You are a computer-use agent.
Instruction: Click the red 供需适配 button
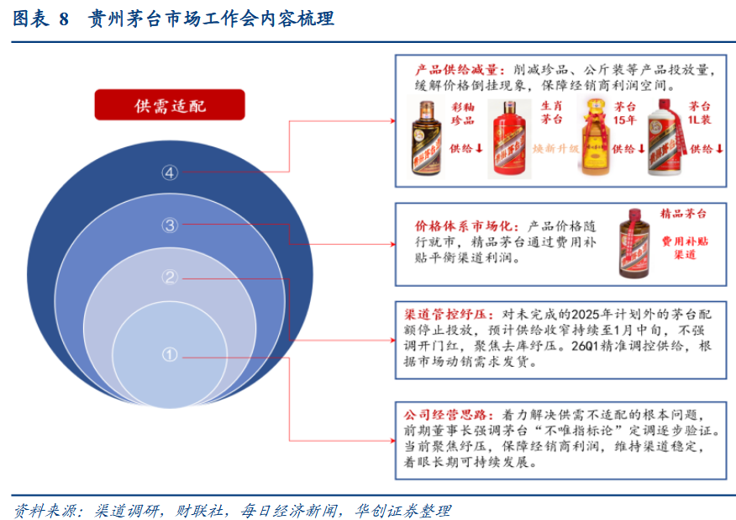click(x=169, y=105)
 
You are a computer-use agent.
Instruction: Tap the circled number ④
click(x=171, y=172)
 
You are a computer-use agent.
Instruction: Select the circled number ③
click(x=171, y=225)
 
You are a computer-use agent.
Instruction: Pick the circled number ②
click(x=171, y=278)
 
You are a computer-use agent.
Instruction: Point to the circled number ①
click(x=171, y=356)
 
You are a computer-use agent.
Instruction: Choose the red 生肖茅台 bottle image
click(x=507, y=139)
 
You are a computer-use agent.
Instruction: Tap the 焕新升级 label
click(x=556, y=148)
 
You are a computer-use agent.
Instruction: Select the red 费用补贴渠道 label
click(x=684, y=247)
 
